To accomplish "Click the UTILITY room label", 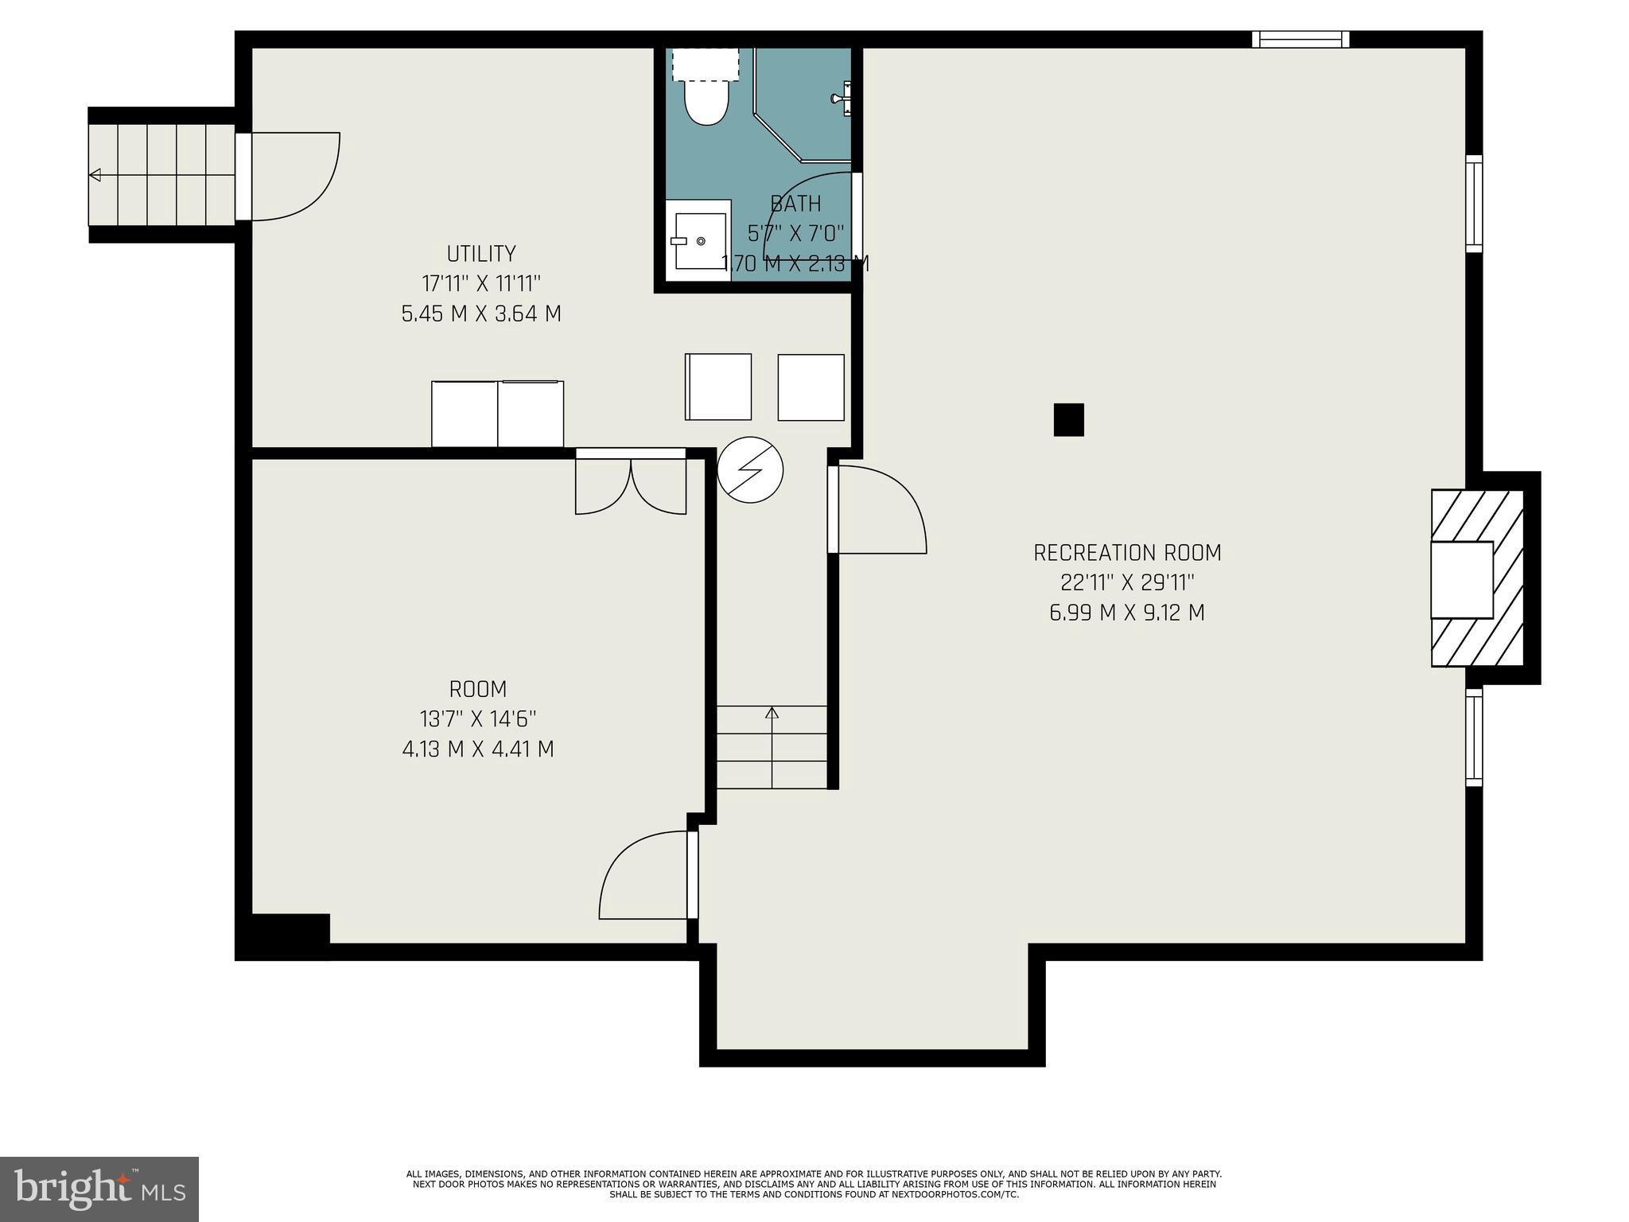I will (x=481, y=254).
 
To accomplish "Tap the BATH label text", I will (x=795, y=204).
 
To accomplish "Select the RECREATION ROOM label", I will (x=1127, y=552).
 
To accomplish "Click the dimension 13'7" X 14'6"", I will (x=478, y=719).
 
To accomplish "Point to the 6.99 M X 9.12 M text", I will (x=1127, y=613).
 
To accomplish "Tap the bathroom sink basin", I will (x=700, y=240).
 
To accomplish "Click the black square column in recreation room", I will (x=1068, y=420).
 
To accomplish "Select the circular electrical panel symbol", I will (x=750, y=470).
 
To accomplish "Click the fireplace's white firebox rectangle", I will (x=1461, y=579).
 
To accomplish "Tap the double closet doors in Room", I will (x=631, y=485).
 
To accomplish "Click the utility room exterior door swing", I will (x=294, y=177).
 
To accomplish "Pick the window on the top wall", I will (x=1300, y=39).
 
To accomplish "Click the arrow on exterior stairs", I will (x=95, y=175).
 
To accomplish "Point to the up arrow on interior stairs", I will (x=772, y=713).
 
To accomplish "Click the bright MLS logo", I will (x=99, y=1189).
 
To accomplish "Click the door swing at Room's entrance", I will (x=644, y=875).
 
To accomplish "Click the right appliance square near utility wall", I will (x=811, y=387).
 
